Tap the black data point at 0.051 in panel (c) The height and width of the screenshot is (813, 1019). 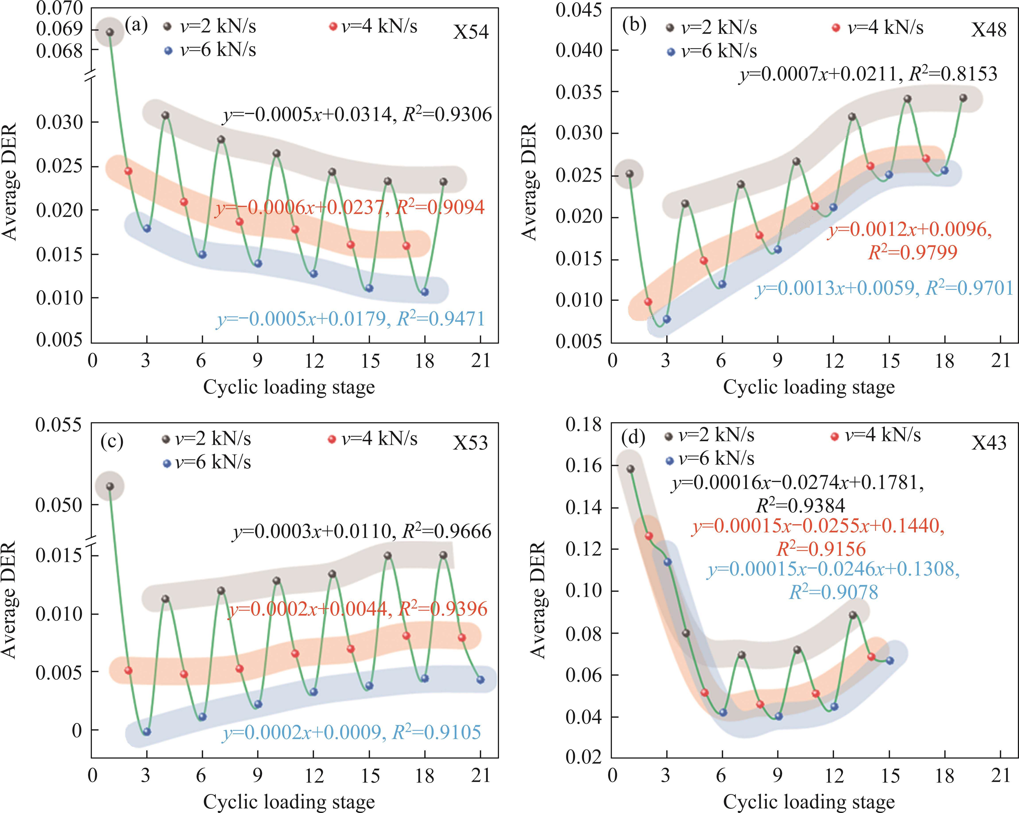110,486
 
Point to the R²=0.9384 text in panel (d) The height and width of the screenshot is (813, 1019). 800,506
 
